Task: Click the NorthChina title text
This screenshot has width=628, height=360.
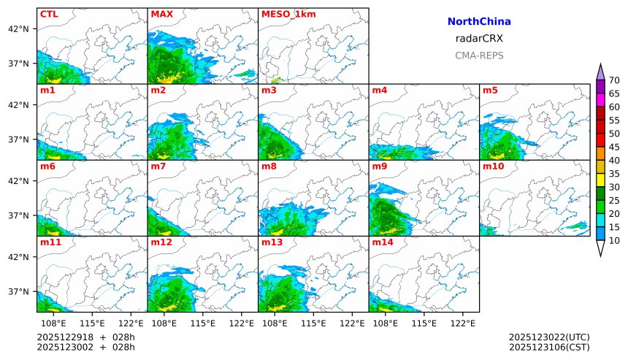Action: (478, 22)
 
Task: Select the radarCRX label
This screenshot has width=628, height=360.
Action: (478, 39)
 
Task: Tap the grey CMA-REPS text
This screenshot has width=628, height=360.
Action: (478, 55)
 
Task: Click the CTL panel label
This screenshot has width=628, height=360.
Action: (49, 14)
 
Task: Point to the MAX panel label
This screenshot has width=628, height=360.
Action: (161, 14)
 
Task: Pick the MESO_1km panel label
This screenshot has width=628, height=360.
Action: (284, 14)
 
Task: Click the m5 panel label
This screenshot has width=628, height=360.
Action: (490, 90)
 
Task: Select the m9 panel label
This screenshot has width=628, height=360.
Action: (380, 166)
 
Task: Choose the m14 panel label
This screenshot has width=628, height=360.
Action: (382, 242)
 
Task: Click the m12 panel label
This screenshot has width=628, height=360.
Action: (161, 242)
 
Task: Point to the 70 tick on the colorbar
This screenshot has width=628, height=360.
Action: (614, 80)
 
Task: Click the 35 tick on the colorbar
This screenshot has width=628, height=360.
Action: (614, 174)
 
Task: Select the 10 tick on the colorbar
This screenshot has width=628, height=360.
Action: (614, 240)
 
